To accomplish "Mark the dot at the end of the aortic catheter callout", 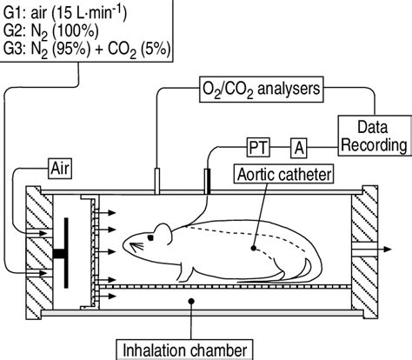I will (x=254, y=248).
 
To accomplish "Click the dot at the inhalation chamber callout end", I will (x=190, y=301).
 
